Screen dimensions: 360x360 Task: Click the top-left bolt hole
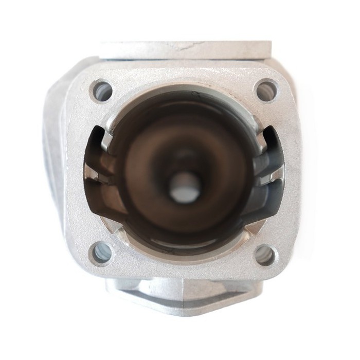click(x=101, y=92)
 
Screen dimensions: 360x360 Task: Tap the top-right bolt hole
click(x=266, y=91)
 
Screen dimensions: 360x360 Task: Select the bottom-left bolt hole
click(x=101, y=253)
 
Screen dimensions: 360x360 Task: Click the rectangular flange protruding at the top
click(x=185, y=50)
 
